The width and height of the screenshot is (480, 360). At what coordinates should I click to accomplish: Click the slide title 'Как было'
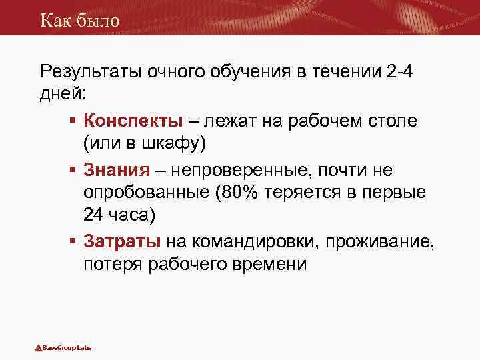pos(79,20)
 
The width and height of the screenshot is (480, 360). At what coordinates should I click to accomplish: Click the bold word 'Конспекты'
pos(133,121)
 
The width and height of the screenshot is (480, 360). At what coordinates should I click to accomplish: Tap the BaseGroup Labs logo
pos(63,348)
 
